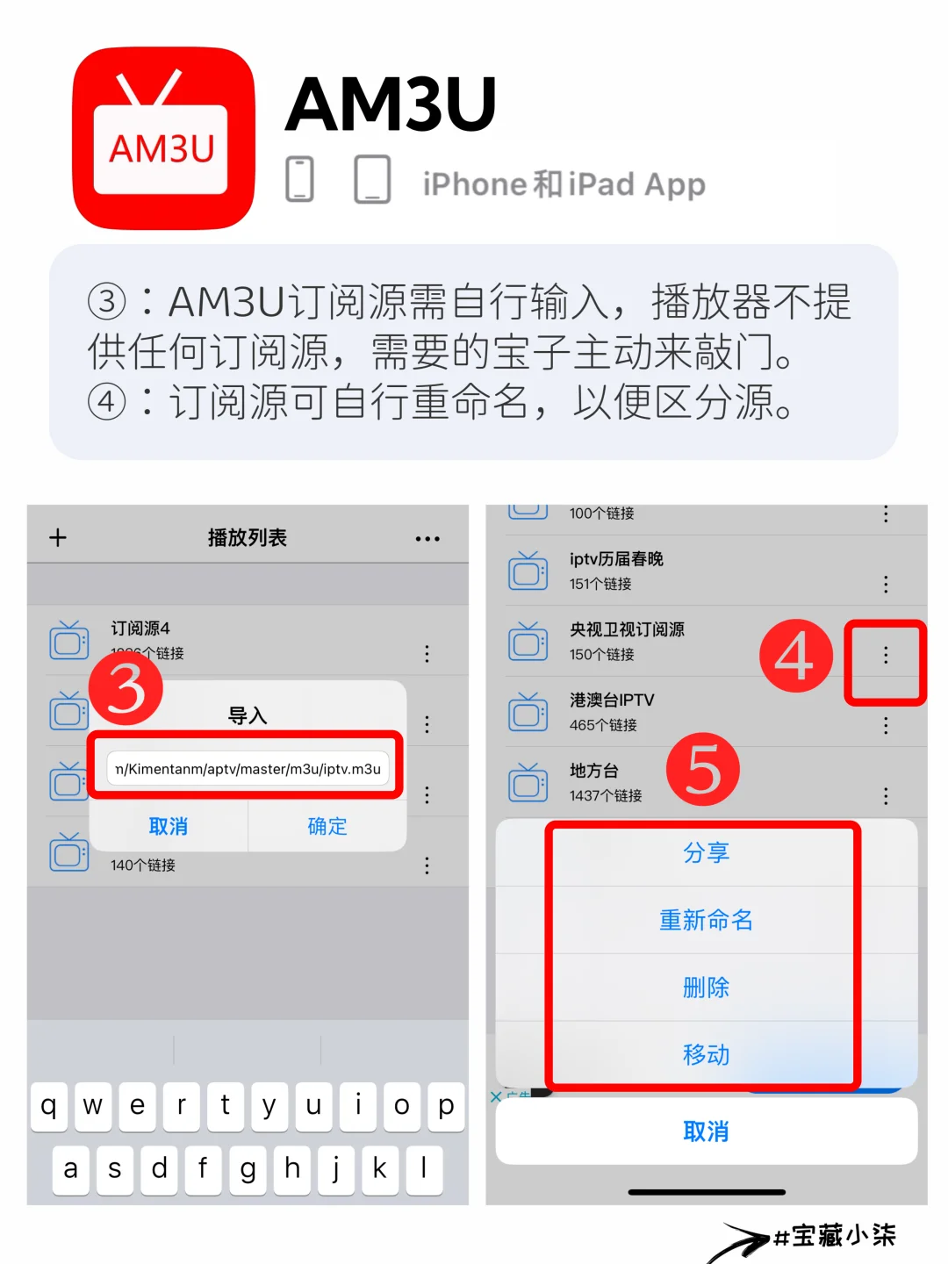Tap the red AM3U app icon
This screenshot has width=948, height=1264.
[163, 139]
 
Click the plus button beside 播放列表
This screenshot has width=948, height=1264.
[58, 537]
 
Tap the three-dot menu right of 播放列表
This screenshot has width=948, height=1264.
[427, 538]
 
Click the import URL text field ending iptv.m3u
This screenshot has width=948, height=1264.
[248, 769]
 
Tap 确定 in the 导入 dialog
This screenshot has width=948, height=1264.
[327, 826]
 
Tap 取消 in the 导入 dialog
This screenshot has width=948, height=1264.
[169, 826]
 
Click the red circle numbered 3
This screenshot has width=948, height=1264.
[126, 687]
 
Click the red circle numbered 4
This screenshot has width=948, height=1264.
[795, 656]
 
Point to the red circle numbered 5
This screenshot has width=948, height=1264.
[702, 770]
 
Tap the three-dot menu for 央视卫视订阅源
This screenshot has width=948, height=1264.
[886, 656]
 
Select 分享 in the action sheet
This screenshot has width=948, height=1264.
[706, 852]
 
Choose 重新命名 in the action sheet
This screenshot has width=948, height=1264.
[706, 920]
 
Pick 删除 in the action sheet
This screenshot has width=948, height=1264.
[706, 987]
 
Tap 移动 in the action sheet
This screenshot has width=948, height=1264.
[706, 1054]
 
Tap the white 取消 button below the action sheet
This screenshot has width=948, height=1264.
[706, 1131]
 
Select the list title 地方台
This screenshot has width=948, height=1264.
[594, 771]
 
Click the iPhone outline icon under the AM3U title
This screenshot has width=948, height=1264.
[300, 179]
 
